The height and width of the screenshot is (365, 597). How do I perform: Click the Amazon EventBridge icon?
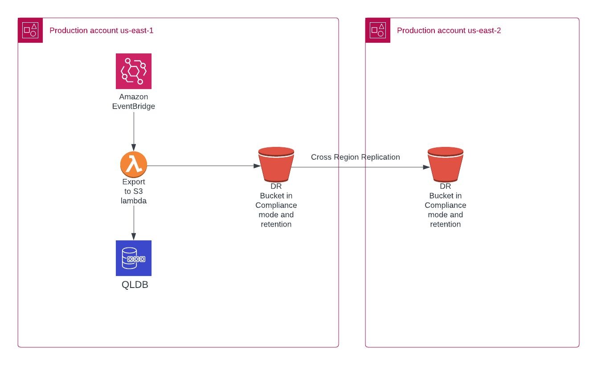pos(134,71)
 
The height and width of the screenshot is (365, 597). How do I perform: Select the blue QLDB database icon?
pos(134,258)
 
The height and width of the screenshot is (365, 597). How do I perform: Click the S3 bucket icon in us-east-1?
pos(276,164)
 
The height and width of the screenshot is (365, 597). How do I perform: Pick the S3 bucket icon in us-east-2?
pos(446,164)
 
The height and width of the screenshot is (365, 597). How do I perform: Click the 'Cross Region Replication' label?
pos(355,157)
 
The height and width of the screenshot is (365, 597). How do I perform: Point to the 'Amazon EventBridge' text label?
pos(134,101)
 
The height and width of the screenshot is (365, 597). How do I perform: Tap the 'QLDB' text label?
pos(135,285)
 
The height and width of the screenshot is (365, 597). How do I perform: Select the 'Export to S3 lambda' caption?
pos(134,191)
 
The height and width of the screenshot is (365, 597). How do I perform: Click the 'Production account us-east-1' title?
pos(101,31)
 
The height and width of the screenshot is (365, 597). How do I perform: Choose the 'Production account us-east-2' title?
pos(449,31)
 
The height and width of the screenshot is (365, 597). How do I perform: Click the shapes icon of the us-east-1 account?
pos(30,30)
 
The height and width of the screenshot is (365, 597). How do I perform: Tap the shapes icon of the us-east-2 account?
pos(378,30)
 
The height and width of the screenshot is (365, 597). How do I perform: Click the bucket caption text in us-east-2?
pos(446,205)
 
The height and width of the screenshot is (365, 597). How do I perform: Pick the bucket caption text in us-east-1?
pos(276,205)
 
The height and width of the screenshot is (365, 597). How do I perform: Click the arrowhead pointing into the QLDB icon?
pos(134,237)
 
